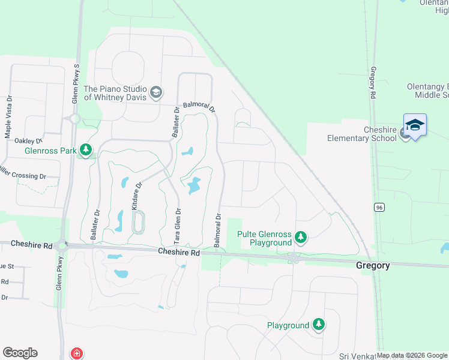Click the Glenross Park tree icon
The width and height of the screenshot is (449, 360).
[86, 150]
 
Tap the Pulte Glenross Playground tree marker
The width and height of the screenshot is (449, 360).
[301, 239]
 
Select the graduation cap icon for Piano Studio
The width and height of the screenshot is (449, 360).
[156, 92]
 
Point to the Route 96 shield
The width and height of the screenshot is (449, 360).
[379, 208]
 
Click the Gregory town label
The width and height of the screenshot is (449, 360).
[373, 265]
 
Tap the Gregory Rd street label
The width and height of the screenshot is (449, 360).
[373, 83]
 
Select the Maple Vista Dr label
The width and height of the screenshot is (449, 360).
[9, 117]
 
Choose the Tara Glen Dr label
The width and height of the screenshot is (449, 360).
[178, 225]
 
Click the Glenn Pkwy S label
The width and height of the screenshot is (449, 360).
[76, 84]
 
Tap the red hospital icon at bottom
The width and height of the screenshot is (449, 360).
[77, 353]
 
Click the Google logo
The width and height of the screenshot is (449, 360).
[20, 353]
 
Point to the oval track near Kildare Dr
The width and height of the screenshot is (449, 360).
[138, 222]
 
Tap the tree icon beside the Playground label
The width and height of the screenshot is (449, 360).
[319, 325]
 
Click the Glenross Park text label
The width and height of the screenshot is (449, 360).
[50, 151]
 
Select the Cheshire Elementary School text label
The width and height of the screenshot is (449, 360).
[362, 134]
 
